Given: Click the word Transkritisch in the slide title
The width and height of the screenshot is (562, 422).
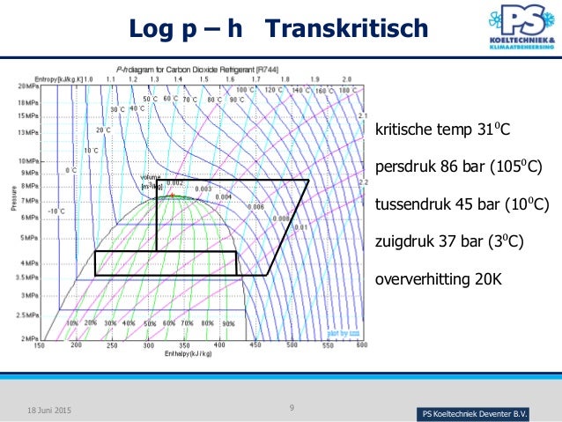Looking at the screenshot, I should click(x=346, y=29).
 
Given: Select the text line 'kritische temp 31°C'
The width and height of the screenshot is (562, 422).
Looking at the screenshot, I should click(x=443, y=131).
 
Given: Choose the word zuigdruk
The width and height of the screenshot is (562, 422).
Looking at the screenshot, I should click(x=404, y=241).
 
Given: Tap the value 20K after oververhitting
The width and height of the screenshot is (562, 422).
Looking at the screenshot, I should click(x=492, y=280).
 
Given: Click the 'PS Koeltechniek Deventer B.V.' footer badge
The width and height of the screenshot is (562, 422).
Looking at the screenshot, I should click(x=476, y=414).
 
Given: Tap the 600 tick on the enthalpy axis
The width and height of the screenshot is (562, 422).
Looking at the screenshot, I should click(x=361, y=345).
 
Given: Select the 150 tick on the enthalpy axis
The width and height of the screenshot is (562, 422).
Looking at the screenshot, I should click(x=39, y=345).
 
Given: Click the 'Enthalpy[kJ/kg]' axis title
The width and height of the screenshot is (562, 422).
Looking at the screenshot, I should click(x=188, y=353).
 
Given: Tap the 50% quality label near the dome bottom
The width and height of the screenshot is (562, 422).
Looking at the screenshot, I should click(x=149, y=323).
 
